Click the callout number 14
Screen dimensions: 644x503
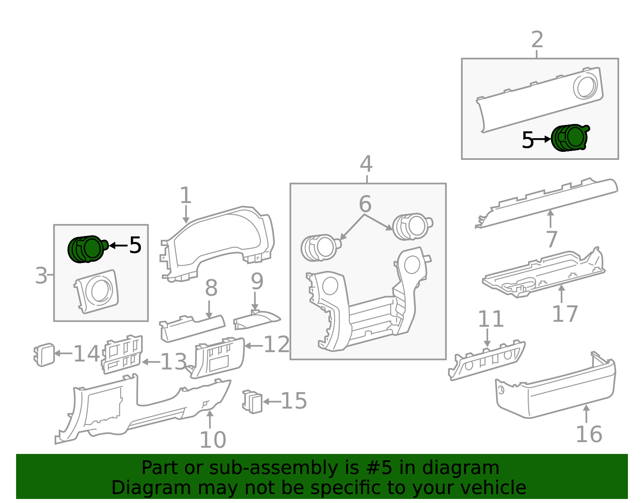pos(86,354)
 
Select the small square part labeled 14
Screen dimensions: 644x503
pos(44,355)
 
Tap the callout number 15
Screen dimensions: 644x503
pos(294,401)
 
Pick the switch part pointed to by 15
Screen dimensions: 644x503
pos(252,402)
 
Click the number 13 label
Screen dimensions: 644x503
pos(173,362)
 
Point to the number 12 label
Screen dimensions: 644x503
pos(277,344)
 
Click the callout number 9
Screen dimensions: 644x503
pos(257,281)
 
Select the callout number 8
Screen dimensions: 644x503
pos(211,288)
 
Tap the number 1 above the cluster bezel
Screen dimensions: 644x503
pos(186,195)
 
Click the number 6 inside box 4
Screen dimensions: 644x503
pos(365,204)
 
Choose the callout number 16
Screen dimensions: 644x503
pos(589,435)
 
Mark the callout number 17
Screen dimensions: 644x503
pos(565,314)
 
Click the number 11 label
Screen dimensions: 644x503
pos(491,319)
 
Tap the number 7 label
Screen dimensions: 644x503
pos(551,239)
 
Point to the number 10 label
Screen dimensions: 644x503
pos(213,440)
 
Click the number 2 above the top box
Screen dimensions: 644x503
pos(537,39)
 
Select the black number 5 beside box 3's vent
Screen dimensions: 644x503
pos(135,245)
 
